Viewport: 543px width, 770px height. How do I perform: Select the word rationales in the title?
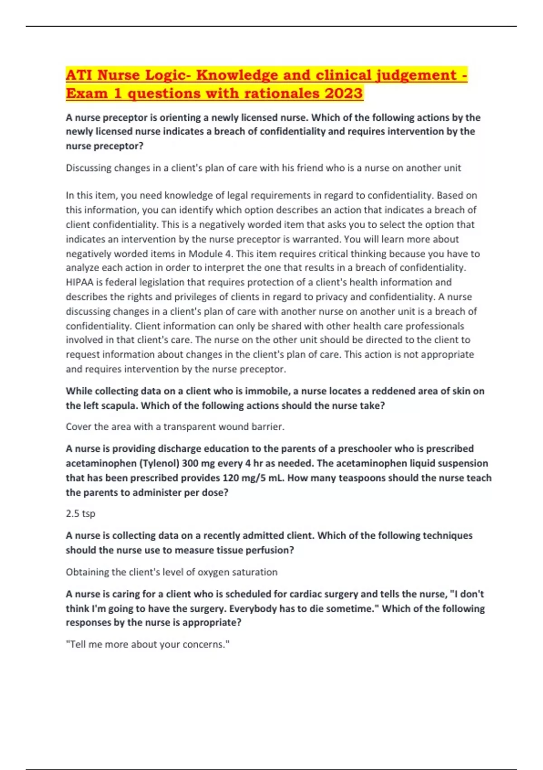click(281, 93)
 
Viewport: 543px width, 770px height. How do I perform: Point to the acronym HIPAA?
click(80, 282)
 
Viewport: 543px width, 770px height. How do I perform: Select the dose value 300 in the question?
click(203, 463)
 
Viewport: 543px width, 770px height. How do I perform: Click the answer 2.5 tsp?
click(81, 514)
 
